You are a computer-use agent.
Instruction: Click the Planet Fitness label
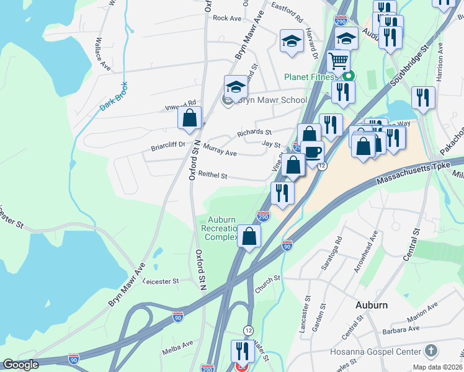[310, 77]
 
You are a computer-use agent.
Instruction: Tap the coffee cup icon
[313, 151]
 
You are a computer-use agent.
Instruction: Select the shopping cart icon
[338, 61]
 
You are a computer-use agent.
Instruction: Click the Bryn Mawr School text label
[272, 100]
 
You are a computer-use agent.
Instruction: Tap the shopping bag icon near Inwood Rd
[190, 117]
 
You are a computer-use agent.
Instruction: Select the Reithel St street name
[212, 176]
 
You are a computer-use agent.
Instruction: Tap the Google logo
[21, 365]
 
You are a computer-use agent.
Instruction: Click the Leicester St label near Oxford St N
[161, 281]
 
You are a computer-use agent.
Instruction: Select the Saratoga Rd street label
[338, 248]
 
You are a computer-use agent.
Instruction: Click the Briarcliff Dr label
[168, 148]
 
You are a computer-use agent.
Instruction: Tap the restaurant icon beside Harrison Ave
[423, 97]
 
